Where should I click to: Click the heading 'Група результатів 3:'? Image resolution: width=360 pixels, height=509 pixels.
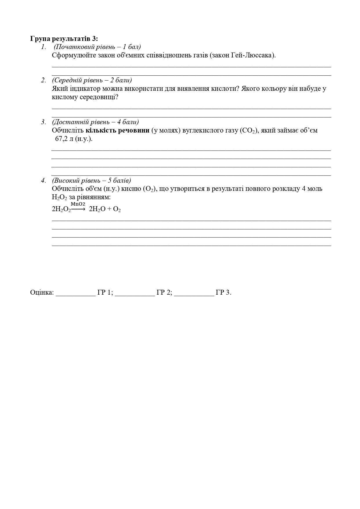tap(64, 38)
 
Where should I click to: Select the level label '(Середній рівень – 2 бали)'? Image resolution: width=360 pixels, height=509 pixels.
tap(92, 80)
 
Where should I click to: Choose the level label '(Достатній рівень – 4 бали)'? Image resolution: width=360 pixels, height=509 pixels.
tap(95, 122)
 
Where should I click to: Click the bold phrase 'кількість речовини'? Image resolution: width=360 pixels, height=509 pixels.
tap(117, 130)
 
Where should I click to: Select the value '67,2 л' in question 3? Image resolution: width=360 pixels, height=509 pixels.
tap(64, 139)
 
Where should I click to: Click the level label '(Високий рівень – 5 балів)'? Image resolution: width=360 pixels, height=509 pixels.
tap(91, 180)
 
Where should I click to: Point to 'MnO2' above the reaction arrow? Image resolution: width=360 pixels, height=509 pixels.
tap(78, 204)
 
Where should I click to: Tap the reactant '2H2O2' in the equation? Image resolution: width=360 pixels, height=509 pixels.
tap(61, 209)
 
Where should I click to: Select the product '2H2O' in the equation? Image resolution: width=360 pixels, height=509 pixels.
tap(97, 209)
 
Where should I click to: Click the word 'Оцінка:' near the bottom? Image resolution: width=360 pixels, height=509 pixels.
tap(42, 292)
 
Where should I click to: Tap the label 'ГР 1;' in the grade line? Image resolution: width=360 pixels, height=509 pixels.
tap(105, 292)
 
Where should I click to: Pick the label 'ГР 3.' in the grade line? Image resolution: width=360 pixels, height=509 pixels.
tap(223, 292)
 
